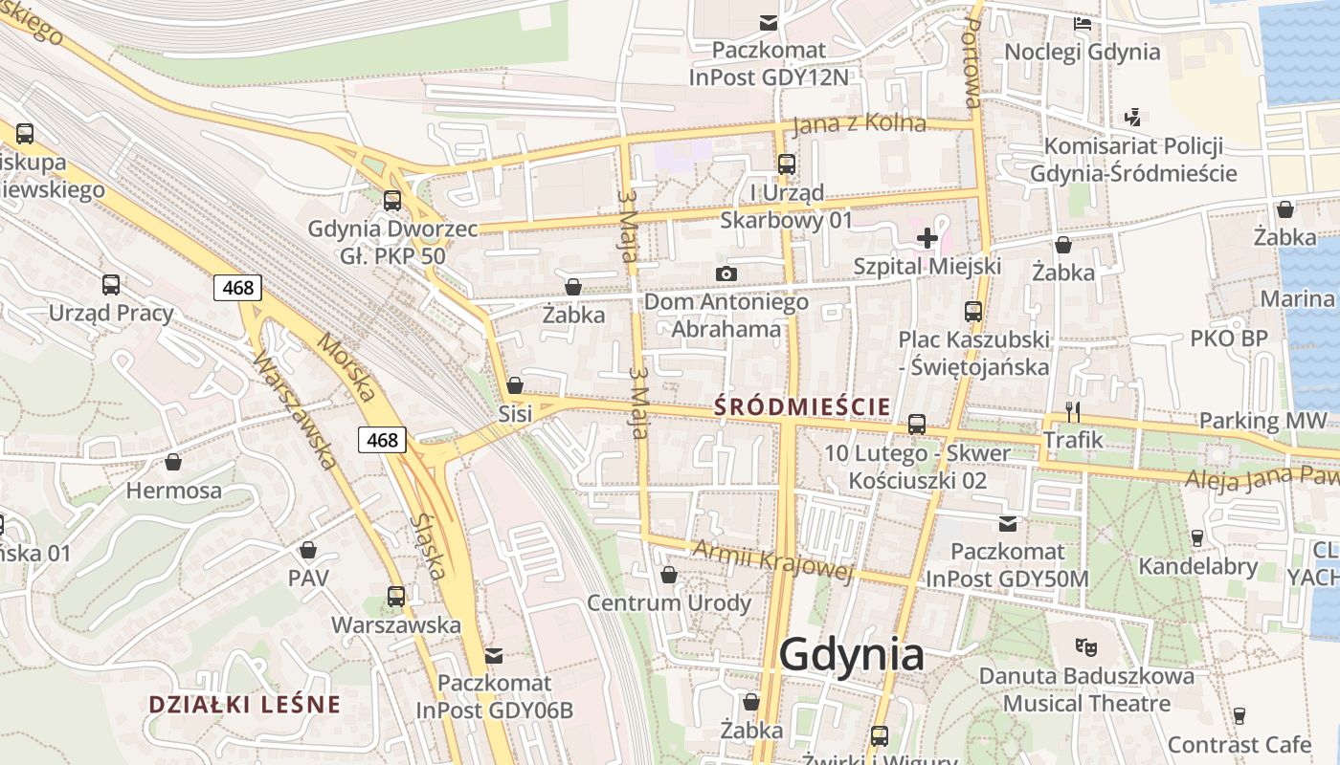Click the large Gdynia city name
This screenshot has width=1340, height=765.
[x=851, y=655]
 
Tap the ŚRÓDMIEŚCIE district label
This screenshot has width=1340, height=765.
[x=803, y=406]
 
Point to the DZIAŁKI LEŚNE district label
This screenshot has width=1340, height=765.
[x=244, y=705]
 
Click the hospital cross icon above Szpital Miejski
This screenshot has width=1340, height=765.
[x=927, y=238]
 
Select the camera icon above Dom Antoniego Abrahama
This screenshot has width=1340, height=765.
[x=726, y=274]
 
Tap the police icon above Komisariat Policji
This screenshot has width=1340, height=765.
[x=1133, y=118]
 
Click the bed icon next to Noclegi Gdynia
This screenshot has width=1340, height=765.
[x=1083, y=24]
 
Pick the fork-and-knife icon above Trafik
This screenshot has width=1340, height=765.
[x=1073, y=412]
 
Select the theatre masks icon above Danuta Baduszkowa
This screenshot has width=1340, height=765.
[x=1085, y=647]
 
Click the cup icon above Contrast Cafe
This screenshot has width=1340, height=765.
[x=1239, y=715]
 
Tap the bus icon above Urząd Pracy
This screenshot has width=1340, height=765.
[x=111, y=284]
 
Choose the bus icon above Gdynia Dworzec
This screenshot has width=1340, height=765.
[x=391, y=201]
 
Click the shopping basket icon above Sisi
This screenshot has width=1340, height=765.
[x=515, y=385]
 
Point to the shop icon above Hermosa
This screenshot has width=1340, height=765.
[x=173, y=463]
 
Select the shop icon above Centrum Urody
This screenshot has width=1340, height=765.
[x=669, y=575]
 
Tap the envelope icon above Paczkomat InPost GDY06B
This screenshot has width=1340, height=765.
[x=494, y=656]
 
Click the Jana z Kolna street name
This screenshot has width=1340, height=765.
[x=860, y=124]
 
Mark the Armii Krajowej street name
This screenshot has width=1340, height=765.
[x=770, y=560]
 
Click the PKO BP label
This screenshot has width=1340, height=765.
[x=1229, y=338]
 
